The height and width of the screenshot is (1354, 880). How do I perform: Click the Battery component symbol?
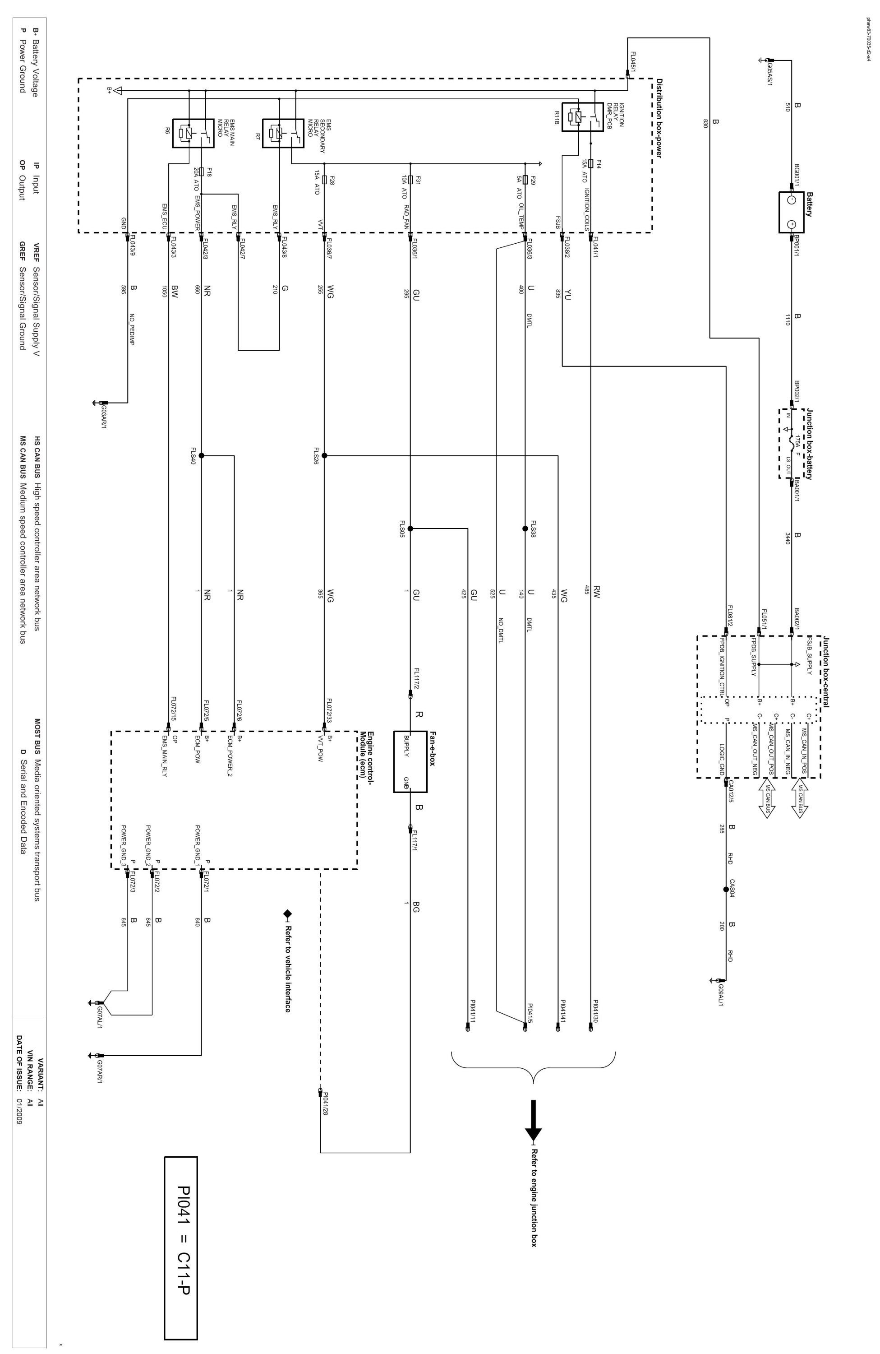791,212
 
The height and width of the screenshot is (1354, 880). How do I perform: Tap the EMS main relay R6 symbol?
189,133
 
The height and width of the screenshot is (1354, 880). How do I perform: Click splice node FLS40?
201,455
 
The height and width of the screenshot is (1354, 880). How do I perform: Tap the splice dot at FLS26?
324,455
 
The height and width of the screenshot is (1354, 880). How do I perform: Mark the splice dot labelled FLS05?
410,528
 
